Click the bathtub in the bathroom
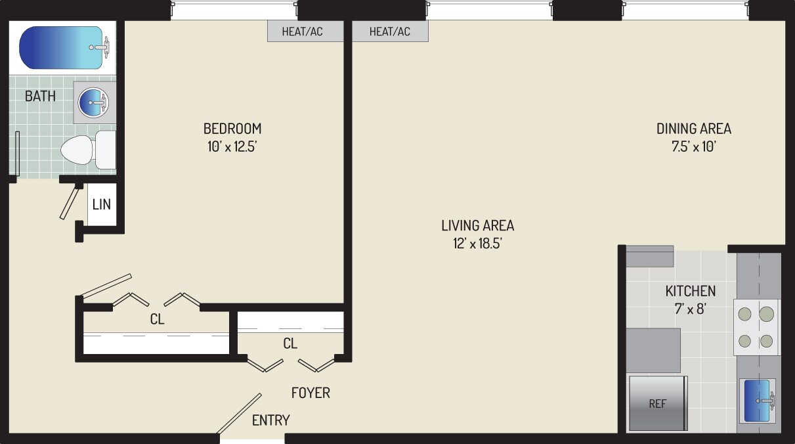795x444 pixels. pos(62,47)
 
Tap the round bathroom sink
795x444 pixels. pos(94,102)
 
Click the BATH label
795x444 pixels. pos(40,97)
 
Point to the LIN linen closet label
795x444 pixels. pos(101,204)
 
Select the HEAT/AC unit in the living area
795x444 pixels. pos(389,32)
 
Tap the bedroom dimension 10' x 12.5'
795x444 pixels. pos(232,146)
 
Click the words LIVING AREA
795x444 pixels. pos(477,225)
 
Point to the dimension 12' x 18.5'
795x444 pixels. pos(477,244)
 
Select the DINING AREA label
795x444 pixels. pos(693,128)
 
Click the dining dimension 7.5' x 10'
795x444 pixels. pos(693,146)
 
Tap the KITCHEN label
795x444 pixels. pos(691,291)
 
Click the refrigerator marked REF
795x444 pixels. pos(657,403)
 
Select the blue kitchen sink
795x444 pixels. pos(757,400)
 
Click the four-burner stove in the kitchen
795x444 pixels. pos(756,327)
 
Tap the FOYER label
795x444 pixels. pos(311,393)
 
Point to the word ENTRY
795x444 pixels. pos(271,420)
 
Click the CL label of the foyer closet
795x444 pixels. pos(290,344)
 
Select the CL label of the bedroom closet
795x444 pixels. pos(157,320)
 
